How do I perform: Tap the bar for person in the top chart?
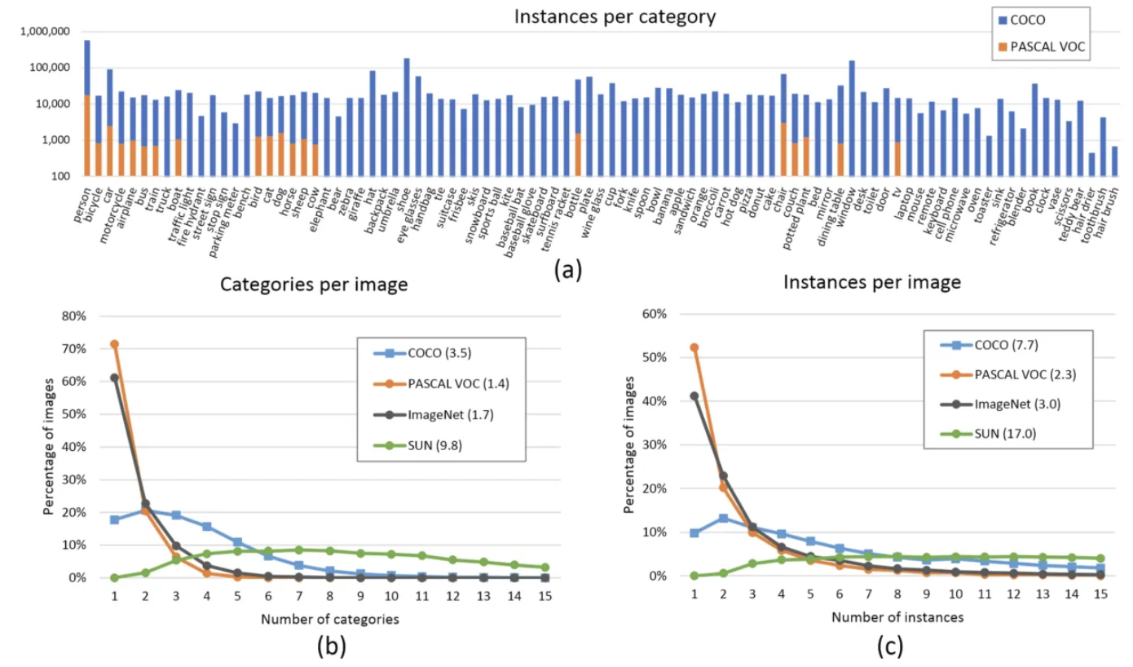coord(87,106)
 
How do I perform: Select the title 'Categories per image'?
coord(315,285)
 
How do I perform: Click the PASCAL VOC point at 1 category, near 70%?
coord(115,344)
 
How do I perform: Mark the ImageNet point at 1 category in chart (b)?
coord(115,378)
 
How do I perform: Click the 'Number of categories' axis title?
coord(330,619)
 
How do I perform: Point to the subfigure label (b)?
coord(332,647)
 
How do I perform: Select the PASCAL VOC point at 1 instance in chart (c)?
coord(694,347)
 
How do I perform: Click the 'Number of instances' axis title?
coord(897,617)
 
